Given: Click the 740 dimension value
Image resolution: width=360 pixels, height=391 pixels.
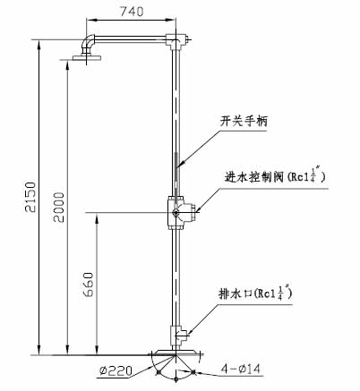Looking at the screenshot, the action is click(132, 11).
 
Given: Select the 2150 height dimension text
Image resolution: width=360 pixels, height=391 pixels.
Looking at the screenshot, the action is click(30, 197).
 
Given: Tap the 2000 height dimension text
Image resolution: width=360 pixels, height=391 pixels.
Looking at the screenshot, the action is click(59, 207).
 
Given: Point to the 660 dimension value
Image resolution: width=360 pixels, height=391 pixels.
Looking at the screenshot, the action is click(89, 285).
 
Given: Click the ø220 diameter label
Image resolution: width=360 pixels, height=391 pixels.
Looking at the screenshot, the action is click(116, 371).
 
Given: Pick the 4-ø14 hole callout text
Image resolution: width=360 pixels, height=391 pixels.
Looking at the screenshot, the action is click(241, 369).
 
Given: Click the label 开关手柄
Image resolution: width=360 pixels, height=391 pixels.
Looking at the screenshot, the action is click(244, 121).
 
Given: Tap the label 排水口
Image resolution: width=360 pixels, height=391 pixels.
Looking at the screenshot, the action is click(236, 293).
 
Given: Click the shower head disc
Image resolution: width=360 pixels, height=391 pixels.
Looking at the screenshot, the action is click(87, 57).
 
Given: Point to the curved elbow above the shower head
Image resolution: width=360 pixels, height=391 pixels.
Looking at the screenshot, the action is click(86, 44).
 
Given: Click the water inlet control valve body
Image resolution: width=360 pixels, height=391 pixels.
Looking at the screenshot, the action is click(181, 212).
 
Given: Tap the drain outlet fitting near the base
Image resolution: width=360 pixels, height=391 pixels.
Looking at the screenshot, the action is click(178, 336).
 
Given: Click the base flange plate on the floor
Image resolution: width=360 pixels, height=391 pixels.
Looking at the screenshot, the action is click(176, 352).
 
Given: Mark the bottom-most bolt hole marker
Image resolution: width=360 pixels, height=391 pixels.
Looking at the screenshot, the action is click(176, 379).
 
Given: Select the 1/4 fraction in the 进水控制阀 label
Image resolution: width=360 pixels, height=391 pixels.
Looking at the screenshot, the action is click(313, 174).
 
